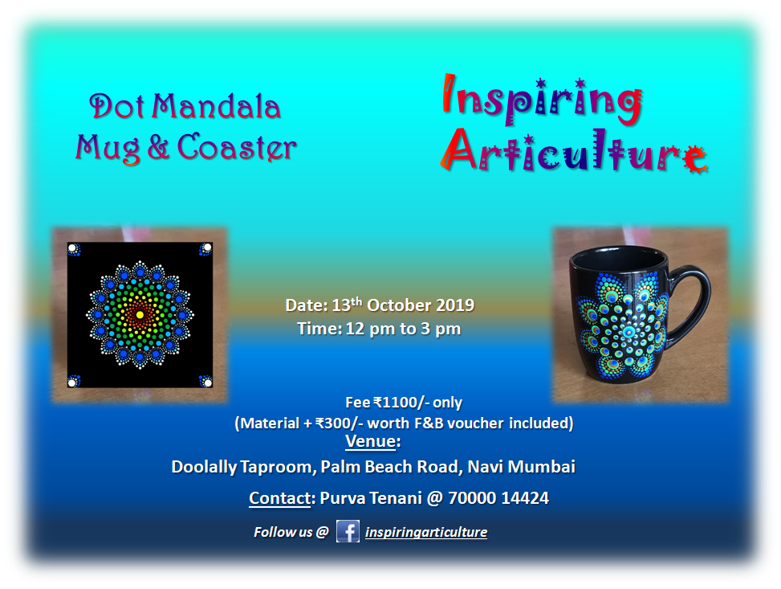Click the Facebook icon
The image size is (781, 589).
click(348, 531)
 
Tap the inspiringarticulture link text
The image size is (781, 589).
click(426, 532)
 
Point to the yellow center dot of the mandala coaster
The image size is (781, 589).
click(140, 315)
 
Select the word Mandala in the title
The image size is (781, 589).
click(216, 106)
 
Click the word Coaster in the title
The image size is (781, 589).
click(237, 148)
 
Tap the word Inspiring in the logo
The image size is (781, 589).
click(542, 100)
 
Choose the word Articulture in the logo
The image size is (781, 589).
click(574, 150)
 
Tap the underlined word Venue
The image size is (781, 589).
click(371, 441)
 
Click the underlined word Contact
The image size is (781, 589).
click(280, 497)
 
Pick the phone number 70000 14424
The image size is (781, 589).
click(498, 497)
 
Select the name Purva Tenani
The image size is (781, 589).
click(371, 497)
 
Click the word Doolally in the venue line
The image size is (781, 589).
click(204, 467)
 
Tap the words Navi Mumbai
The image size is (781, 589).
click(522, 467)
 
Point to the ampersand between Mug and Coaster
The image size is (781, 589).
click(158, 148)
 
